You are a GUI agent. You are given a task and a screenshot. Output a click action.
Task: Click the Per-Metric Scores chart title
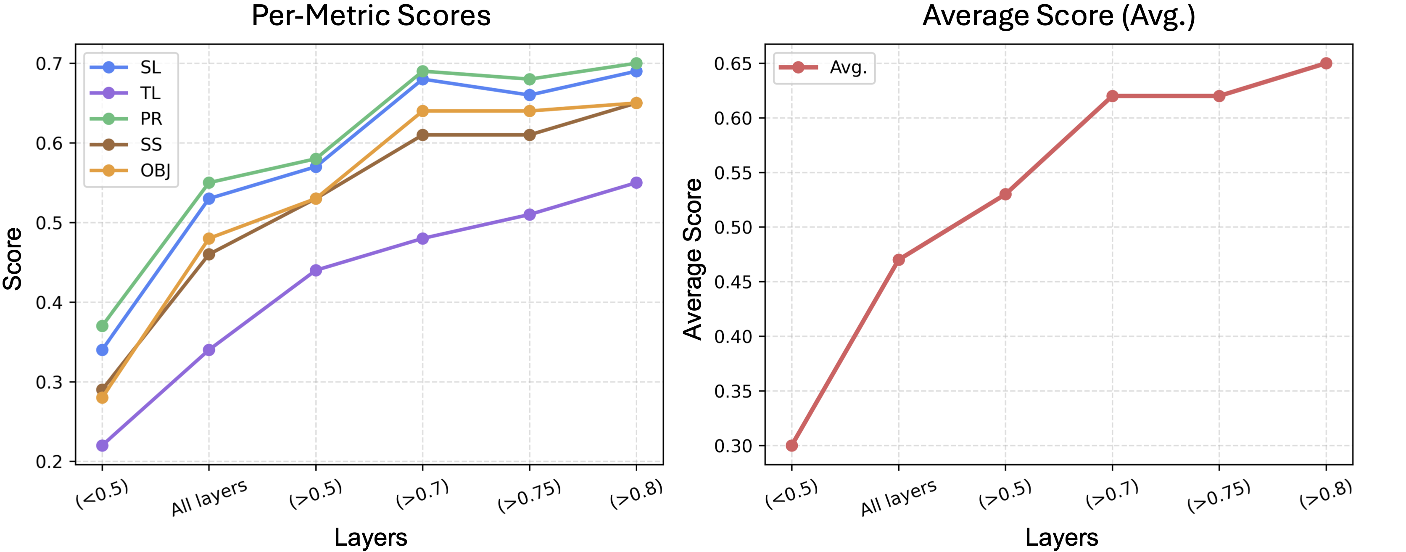[x=371, y=16]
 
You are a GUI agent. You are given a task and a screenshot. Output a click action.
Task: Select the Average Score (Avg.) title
[x=1058, y=16]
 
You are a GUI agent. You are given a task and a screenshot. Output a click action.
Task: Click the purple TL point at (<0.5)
[x=102, y=446]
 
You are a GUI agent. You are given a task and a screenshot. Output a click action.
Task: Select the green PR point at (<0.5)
[x=102, y=326]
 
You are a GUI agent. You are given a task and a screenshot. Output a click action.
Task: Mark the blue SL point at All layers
[x=208, y=199]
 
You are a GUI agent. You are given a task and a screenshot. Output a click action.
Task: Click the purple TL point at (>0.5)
[x=316, y=270]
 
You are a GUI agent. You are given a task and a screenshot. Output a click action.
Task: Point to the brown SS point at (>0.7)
[x=422, y=135]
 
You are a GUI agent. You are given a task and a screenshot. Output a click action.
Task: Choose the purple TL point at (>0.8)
[x=636, y=183]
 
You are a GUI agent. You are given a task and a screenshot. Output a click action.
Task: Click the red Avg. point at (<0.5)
[x=792, y=446]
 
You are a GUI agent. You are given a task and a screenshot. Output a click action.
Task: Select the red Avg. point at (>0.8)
[x=1326, y=63]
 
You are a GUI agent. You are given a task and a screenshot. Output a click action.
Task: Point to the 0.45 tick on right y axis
[x=733, y=282]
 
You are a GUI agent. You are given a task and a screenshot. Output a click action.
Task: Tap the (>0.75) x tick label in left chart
[x=529, y=495]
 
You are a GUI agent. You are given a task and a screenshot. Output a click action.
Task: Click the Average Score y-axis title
[x=694, y=259]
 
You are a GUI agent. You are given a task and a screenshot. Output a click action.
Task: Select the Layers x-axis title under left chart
[x=371, y=538]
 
